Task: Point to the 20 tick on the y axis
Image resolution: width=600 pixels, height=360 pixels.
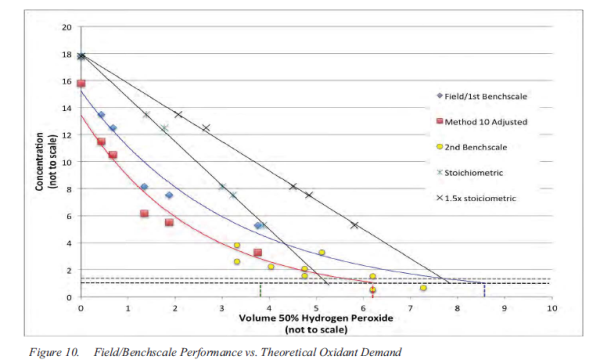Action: coord(66,26)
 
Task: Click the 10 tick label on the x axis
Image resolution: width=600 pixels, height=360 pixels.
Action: coord(551,309)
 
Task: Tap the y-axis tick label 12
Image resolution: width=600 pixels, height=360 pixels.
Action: coord(66,134)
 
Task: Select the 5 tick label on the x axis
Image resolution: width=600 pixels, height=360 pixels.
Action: coord(316,309)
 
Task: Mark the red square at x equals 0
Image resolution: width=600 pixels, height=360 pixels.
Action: coord(81,83)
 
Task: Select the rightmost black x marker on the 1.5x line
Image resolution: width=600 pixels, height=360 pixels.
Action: coord(354,225)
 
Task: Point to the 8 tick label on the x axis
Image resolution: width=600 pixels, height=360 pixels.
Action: coord(457,309)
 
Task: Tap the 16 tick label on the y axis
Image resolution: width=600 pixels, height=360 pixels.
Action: coord(66,80)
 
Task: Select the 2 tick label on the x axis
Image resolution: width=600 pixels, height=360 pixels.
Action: coord(175,309)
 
